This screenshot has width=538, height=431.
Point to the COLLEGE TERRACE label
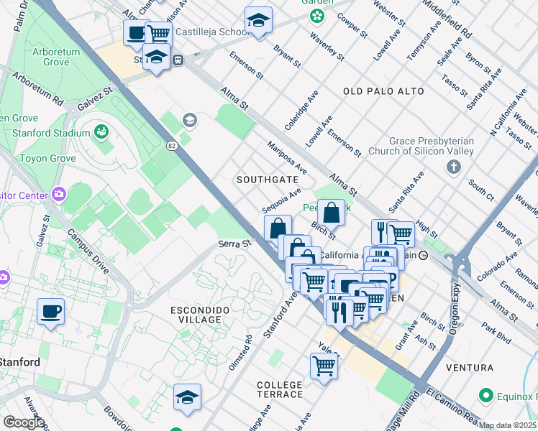(x=280, y=390)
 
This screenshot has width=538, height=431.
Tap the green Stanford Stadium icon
(x=101, y=132)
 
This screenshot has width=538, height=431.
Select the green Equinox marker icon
(x=486, y=396)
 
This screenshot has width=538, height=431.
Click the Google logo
(x=23, y=422)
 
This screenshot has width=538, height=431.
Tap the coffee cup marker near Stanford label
(x=50, y=312)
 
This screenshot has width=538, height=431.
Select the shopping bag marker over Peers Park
(x=331, y=213)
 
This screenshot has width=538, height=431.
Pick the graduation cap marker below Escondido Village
(x=187, y=397)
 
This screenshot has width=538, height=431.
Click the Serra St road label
(x=234, y=244)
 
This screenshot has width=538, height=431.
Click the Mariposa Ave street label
(x=287, y=157)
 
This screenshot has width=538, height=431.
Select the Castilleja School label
(x=208, y=32)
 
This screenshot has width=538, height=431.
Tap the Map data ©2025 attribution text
(x=508, y=425)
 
